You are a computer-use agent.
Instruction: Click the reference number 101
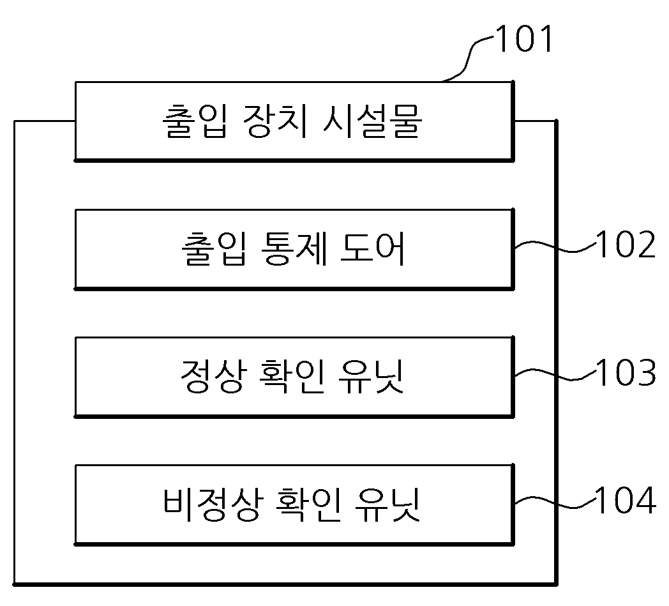(524, 38)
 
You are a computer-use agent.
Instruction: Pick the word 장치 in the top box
(274, 121)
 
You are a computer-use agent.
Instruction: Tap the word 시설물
(372, 121)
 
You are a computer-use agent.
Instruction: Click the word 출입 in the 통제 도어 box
(214, 249)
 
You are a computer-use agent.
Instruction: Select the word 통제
(294, 249)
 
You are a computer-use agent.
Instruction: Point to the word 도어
(372, 249)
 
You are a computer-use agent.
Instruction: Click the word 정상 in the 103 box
(213, 376)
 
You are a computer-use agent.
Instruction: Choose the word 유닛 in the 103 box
(371, 376)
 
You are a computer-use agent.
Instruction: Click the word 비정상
(212, 504)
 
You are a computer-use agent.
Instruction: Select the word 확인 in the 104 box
(308, 504)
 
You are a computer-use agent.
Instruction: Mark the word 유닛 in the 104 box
(387, 504)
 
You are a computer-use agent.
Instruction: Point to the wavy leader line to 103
(555, 375)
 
